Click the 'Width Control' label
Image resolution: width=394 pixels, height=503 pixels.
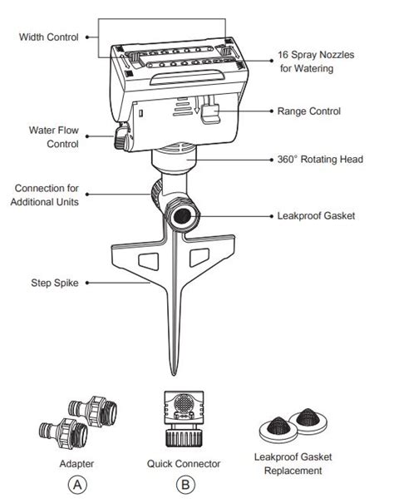tap(48, 37)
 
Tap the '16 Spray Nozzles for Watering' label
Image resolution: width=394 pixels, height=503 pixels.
tap(316, 62)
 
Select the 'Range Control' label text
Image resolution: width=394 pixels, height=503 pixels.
tap(308, 111)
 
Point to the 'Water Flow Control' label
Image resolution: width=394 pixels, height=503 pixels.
tap(53, 137)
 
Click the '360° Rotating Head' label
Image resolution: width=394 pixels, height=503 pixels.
tap(320, 160)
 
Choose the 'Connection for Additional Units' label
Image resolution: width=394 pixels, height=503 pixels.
tap(45, 195)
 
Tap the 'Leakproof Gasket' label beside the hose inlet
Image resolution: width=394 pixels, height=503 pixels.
tap(316, 215)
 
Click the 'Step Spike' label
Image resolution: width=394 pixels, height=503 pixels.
tap(55, 283)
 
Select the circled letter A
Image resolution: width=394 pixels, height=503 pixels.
tap(77, 485)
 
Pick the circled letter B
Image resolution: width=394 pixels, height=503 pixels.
tap(185, 485)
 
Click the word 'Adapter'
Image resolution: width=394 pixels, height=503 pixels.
tap(76, 464)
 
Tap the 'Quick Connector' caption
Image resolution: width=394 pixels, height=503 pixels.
tap(184, 464)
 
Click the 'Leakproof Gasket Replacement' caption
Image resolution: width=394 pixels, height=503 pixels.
tap(293, 464)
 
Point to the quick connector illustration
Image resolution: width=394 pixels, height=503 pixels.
tap(184, 419)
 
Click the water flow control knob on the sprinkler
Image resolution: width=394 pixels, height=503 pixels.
tap(121, 137)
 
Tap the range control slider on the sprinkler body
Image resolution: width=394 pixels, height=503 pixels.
tap(210, 114)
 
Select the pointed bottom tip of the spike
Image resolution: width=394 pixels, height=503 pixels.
tap(174, 375)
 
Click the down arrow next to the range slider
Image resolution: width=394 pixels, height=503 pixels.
tap(197, 106)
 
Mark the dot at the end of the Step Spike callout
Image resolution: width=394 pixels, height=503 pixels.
tap(87, 283)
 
